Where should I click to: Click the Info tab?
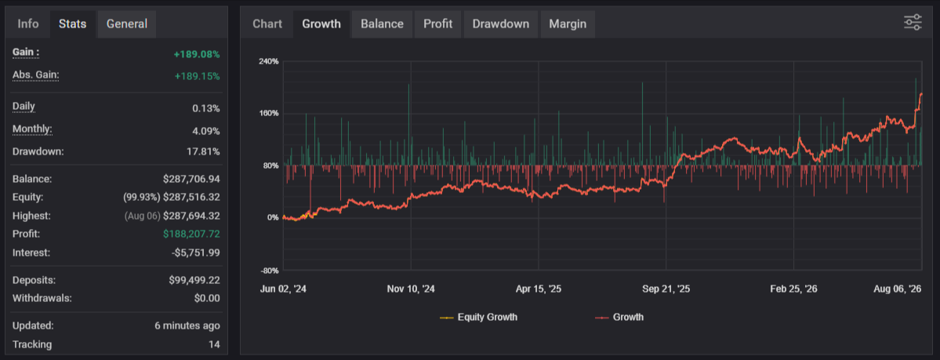coord(28,24)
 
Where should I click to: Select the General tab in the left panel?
coord(126,24)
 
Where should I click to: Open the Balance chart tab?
coord(382,24)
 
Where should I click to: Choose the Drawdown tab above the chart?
coord(500,24)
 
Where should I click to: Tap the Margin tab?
coord(568,24)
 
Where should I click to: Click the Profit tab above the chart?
coord(437,24)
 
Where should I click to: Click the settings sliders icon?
coord(913,23)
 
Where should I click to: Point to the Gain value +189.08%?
coord(197,55)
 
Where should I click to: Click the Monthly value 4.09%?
coord(205,131)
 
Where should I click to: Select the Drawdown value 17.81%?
coord(203,151)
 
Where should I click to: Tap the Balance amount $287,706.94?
coord(191,179)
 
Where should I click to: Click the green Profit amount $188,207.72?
coord(191,234)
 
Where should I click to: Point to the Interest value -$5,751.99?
coord(195,253)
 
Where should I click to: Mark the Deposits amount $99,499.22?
coord(194,280)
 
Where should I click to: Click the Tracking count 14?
coord(214,344)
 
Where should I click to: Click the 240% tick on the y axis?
coord(269,61)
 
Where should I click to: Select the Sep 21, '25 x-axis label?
coord(666,289)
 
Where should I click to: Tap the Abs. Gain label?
coord(36,75)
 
